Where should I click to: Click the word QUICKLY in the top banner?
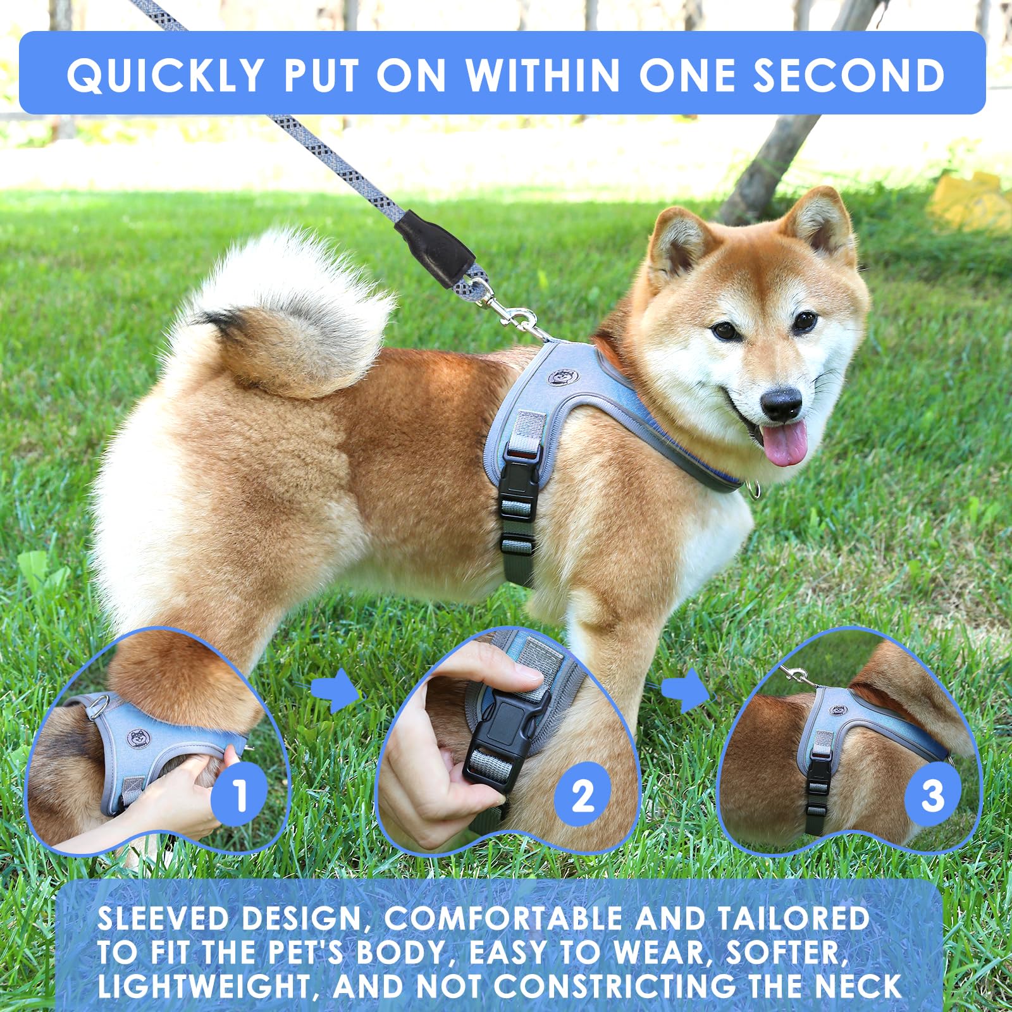(x=166, y=75)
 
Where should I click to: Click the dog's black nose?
(x=781, y=404)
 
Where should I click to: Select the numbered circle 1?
(x=239, y=794)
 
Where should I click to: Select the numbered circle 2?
(x=583, y=794)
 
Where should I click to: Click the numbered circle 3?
(x=932, y=794)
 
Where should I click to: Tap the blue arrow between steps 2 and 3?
(x=686, y=690)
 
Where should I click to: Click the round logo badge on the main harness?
(x=560, y=378)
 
